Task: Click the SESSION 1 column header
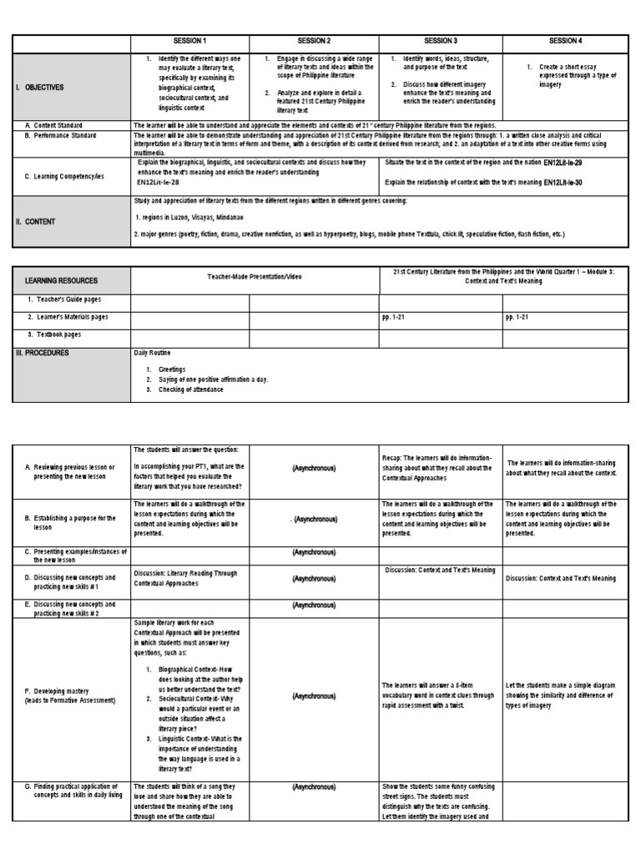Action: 189,41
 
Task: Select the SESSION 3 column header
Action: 440,41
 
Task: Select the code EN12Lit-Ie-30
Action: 574,182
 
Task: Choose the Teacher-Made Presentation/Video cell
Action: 255,281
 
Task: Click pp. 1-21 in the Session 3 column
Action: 394,317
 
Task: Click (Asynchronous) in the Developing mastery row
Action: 314,695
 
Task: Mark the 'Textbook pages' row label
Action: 54,334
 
